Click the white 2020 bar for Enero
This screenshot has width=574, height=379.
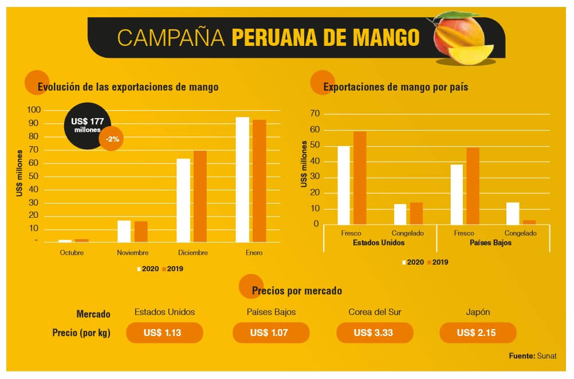pyautogui.click(x=242, y=179)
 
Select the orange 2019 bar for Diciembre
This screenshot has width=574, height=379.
pyautogui.click(x=200, y=196)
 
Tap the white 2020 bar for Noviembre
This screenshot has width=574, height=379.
pyautogui.click(x=124, y=231)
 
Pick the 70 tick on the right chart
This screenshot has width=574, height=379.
pyautogui.click(x=314, y=113)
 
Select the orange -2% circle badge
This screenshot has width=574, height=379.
pyautogui.click(x=111, y=139)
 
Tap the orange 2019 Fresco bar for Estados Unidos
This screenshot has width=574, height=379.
pyautogui.click(x=360, y=178)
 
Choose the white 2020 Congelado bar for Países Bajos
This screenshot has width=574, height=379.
pyautogui.click(x=513, y=213)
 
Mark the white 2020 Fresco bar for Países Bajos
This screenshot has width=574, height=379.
pyautogui.click(x=457, y=194)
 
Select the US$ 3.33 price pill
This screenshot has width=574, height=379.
pyautogui.click(x=374, y=333)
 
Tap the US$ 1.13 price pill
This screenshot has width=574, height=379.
pyautogui.click(x=164, y=333)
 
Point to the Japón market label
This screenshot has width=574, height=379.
pyautogui.click(x=477, y=312)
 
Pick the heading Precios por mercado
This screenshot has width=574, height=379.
pyautogui.click(x=297, y=291)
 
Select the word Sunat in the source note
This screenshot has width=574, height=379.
pyautogui.click(x=547, y=356)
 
